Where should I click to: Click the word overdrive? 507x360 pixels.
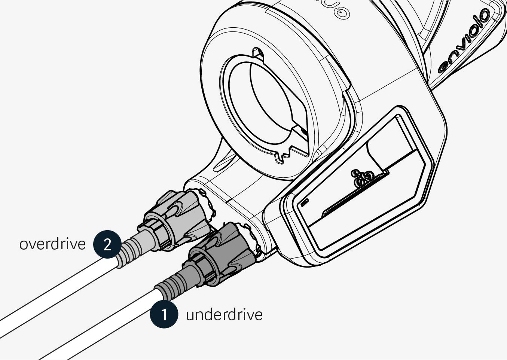tap(52, 244)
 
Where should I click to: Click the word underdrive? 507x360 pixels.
tap(224, 314)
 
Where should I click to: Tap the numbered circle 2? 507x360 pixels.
tap(107, 244)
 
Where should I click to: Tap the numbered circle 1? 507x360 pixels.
tap(164, 314)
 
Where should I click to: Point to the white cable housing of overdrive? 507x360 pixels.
tap(56, 296)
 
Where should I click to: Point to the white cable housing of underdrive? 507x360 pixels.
tap(101, 326)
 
